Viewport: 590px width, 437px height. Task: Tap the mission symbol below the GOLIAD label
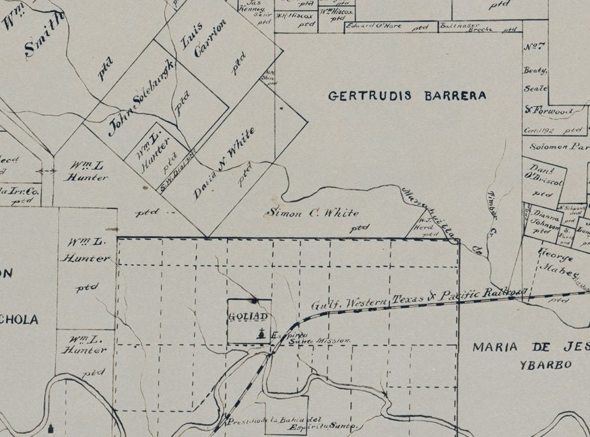pyautogui.click(x=261, y=334)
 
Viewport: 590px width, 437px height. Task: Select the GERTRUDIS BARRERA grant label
pyautogui.click(x=407, y=95)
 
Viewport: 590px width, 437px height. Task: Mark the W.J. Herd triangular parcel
pyautogui.click(x=425, y=228)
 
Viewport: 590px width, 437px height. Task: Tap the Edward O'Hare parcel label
pyautogui.click(x=374, y=27)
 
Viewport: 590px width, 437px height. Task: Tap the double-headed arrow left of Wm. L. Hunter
pyautogui.click(x=46, y=171)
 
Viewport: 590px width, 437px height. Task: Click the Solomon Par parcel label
pyautogui.click(x=556, y=146)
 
